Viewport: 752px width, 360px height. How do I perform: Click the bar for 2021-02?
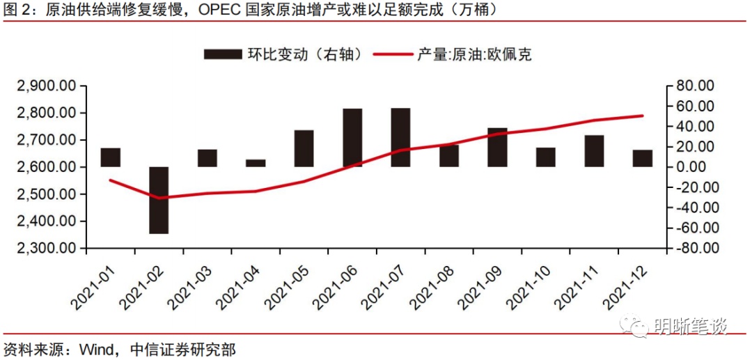coord(159,200)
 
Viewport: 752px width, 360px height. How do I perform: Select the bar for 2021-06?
coord(352,138)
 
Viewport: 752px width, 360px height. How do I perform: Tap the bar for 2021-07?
coord(400,138)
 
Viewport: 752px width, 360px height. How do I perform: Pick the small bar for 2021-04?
coord(256,163)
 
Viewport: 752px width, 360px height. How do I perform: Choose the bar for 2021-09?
coord(497,148)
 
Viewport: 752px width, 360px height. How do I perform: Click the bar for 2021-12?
coord(643,158)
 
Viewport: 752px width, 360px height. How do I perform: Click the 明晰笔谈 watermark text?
coord(690,326)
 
